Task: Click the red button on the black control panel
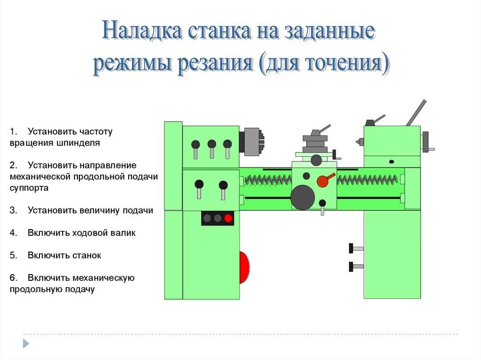pyautogui.click(x=228, y=218)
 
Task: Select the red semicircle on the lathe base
pyautogui.click(x=244, y=268)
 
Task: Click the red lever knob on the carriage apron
pyautogui.click(x=323, y=181)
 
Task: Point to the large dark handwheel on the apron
pyautogui.click(x=303, y=197)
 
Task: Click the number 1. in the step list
pyautogui.click(x=13, y=131)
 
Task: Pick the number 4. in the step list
pyautogui.click(x=13, y=233)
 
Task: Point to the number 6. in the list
pyautogui.click(x=13, y=278)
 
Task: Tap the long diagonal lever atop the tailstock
pyautogui.click(x=416, y=112)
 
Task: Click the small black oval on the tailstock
pyautogui.click(x=392, y=161)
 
